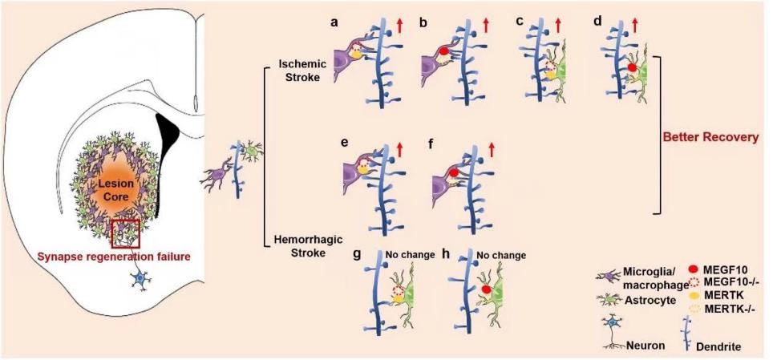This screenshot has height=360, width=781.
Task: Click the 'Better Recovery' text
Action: (x=711, y=137)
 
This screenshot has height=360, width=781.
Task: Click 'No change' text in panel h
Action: (x=502, y=256)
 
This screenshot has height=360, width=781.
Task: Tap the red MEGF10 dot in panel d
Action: (x=632, y=69)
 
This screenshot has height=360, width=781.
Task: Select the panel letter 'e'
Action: (x=344, y=144)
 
